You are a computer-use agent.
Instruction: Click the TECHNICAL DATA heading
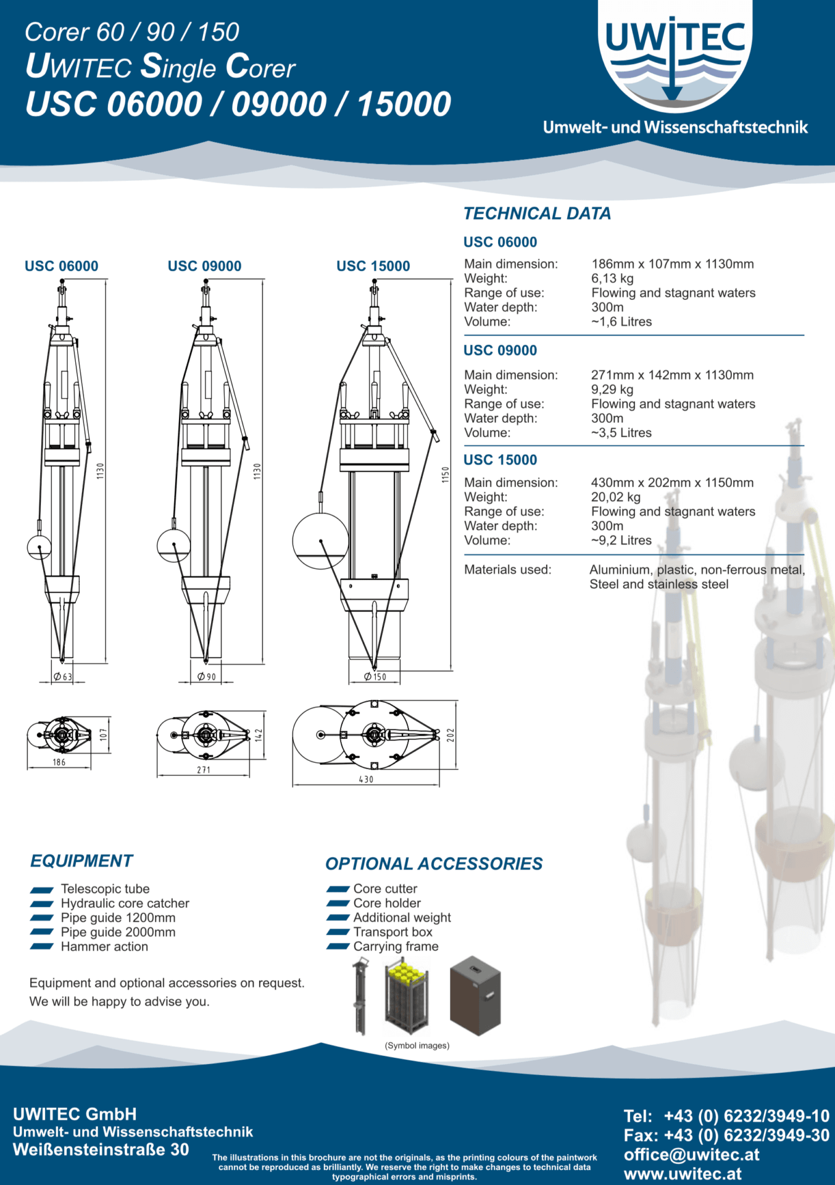tap(537, 214)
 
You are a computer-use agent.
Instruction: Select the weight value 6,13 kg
tap(612, 278)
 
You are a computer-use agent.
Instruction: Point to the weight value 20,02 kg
tap(615, 497)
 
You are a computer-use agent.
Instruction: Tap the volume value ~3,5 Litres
tap(621, 433)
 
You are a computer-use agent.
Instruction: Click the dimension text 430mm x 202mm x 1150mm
tap(672, 483)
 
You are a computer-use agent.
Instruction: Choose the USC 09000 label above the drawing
tap(204, 266)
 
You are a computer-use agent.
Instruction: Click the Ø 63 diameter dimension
tap(62, 676)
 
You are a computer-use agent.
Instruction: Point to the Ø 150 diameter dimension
tap(375, 676)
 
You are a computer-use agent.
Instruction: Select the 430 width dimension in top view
tap(366, 780)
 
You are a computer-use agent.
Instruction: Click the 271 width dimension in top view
tap(204, 770)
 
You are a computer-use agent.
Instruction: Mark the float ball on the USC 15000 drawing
tap(320, 541)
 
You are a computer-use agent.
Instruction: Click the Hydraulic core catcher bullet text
tap(125, 903)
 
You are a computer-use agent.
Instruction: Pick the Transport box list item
tap(393, 932)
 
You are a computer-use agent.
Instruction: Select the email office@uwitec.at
tap(691, 1155)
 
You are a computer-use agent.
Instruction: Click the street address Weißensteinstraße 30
tap(101, 1150)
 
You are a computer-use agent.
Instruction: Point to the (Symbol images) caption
tap(417, 1046)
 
